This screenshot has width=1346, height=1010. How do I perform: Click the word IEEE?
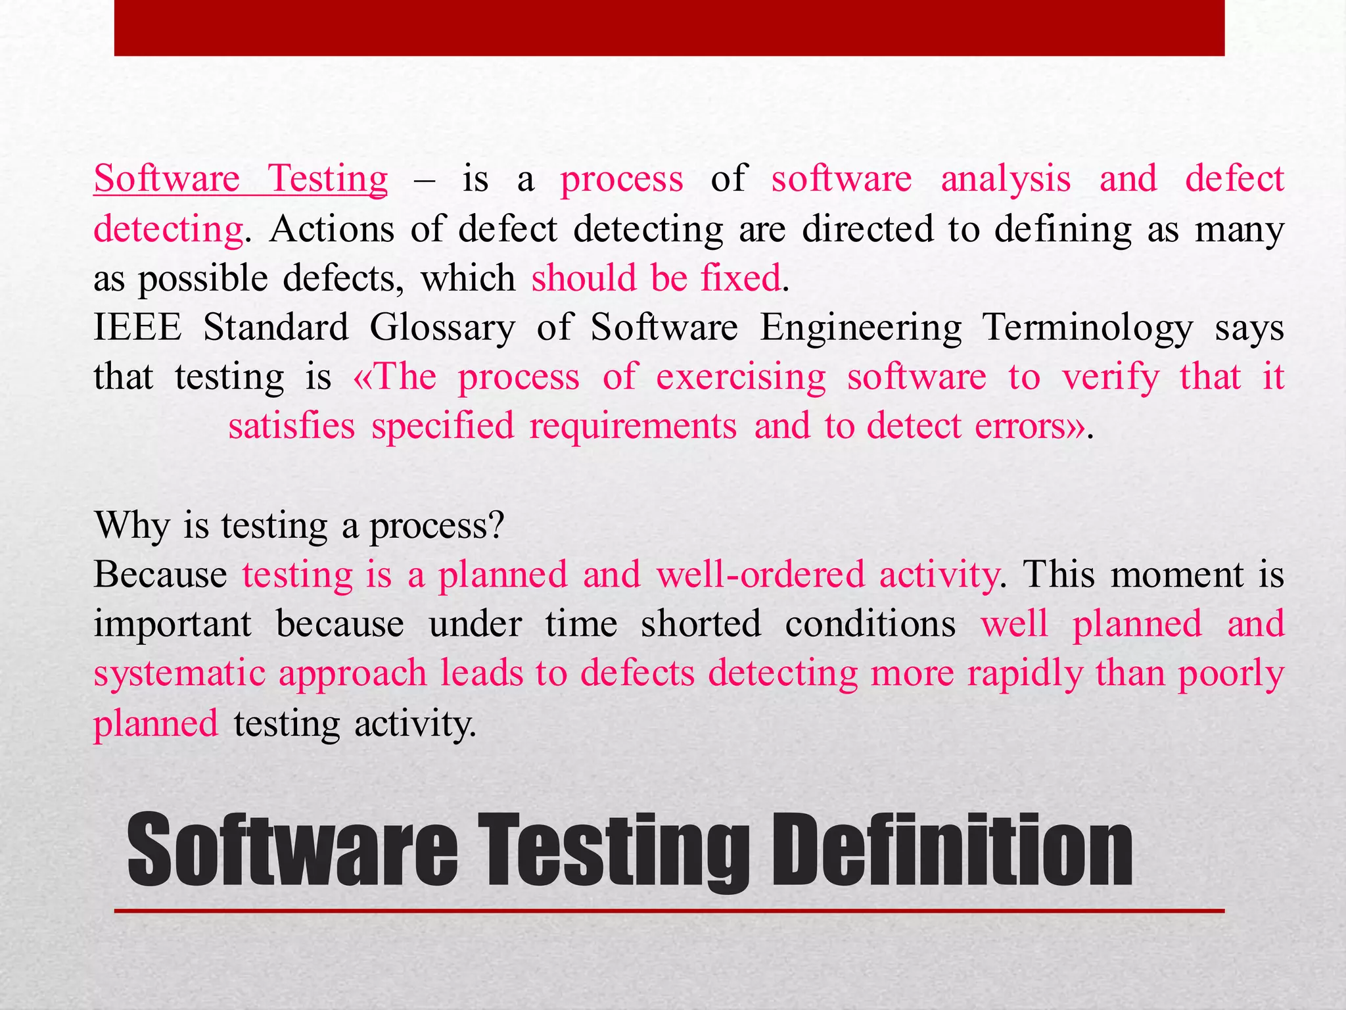click(137, 327)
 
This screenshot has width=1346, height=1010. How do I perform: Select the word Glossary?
click(442, 328)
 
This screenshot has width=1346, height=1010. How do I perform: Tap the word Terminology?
click(1088, 328)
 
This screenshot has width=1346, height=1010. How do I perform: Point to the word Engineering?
click(861, 328)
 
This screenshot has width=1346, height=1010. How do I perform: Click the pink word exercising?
click(741, 377)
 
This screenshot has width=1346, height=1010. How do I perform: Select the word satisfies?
click(291, 426)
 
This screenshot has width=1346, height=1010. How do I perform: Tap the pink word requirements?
click(633, 426)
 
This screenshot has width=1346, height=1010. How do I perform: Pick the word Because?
click(160, 575)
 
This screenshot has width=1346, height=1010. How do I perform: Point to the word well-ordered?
click(760, 575)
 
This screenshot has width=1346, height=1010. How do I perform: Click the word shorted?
click(701, 623)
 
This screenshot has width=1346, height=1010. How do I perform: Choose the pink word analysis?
click(1006, 179)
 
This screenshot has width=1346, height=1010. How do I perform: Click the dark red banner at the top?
click(669, 28)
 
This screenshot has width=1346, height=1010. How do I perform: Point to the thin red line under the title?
click(669, 911)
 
